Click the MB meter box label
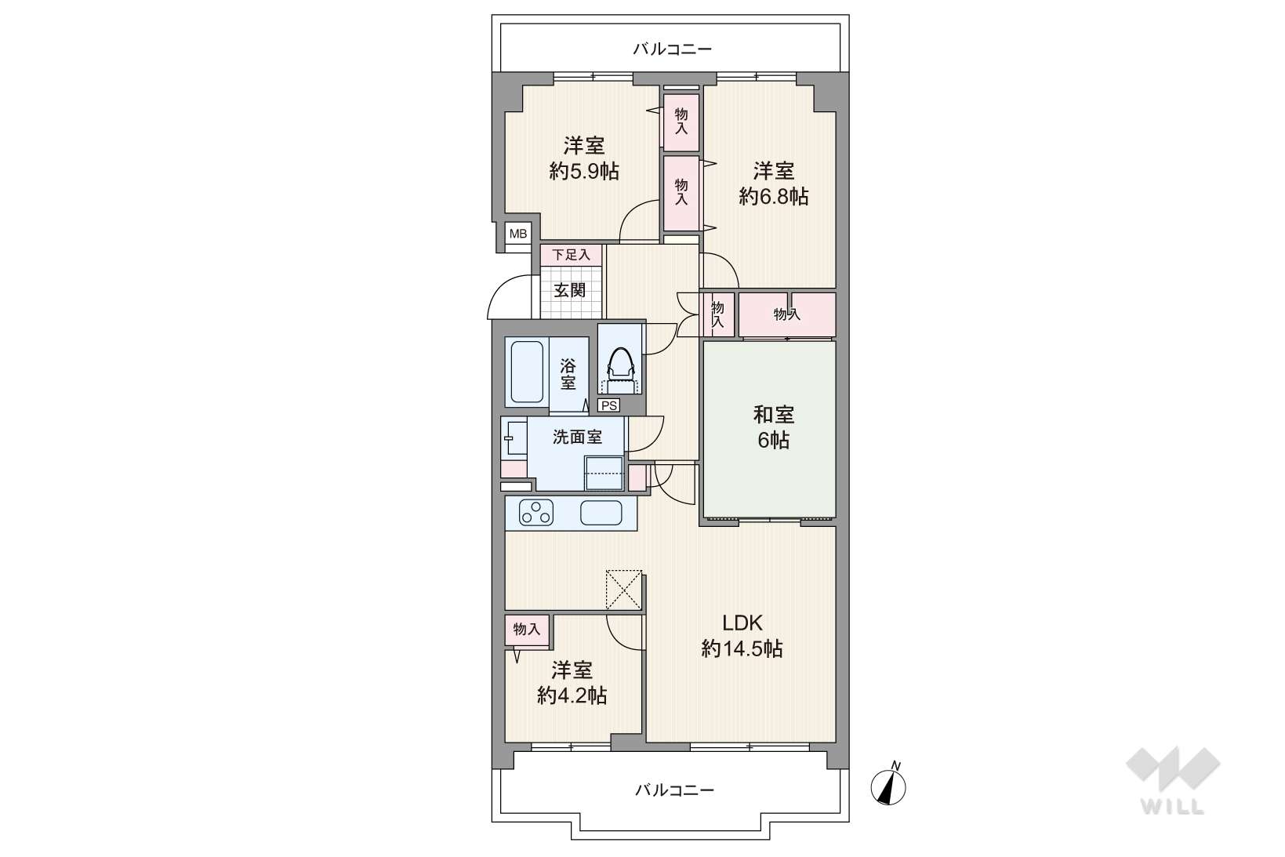click(518, 234)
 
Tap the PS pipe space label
click(608, 405)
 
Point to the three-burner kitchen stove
click(536, 512)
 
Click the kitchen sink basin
click(601, 513)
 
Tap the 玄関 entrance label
click(570, 290)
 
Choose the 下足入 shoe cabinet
click(572, 255)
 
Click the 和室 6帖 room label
click(773, 427)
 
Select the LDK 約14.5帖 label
click(742, 636)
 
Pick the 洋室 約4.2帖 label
click(572, 683)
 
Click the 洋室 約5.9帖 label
click(584, 158)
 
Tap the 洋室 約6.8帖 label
click(773, 183)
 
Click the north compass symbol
click(888, 786)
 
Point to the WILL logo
click(1173, 780)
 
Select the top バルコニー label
click(673, 49)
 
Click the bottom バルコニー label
click(674, 790)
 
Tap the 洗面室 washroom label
click(577, 437)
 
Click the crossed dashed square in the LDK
click(623, 590)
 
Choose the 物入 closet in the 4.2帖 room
click(527, 630)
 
